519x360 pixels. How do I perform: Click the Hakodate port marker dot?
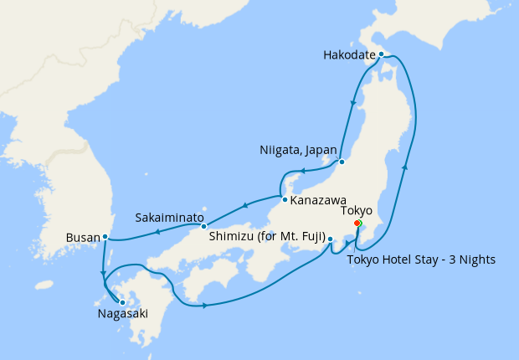click(x=381, y=54)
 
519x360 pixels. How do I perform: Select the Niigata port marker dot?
click(x=342, y=162)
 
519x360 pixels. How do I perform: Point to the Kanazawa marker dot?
click(x=285, y=200)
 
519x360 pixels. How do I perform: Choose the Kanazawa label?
click(x=319, y=201)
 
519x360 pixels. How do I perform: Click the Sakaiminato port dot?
click(x=203, y=227)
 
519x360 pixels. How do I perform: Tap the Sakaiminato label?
click(x=169, y=218)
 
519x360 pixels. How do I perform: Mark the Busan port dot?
click(x=105, y=238)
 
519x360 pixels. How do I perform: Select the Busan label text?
click(x=83, y=238)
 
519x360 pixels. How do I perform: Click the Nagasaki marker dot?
click(x=122, y=302)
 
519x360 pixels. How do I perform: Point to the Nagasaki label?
click(x=122, y=316)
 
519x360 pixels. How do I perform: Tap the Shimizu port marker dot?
click(x=331, y=240)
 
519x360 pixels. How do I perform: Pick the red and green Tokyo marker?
click(x=357, y=224)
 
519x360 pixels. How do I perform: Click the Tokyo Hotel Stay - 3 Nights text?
click(x=421, y=260)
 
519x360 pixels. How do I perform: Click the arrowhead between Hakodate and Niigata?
click(x=355, y=104)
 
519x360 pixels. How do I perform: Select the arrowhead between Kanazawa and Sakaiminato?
click(x=244, y=205)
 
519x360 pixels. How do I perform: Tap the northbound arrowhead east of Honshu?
click(x=405, y=168)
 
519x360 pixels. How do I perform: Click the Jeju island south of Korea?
click(x=44, y=285)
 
